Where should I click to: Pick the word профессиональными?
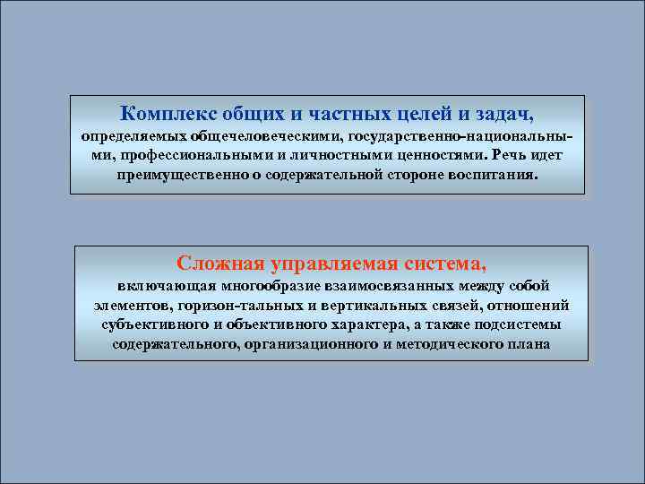[181, 155]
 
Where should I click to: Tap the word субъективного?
[151, 324]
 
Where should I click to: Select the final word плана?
[529, 343]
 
